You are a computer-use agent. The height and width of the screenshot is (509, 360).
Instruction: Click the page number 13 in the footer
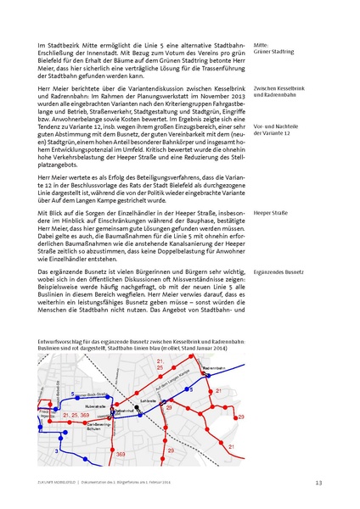click(x=318, y=483)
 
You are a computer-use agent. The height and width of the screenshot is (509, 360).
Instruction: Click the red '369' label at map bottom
click(x=120, y=455)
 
